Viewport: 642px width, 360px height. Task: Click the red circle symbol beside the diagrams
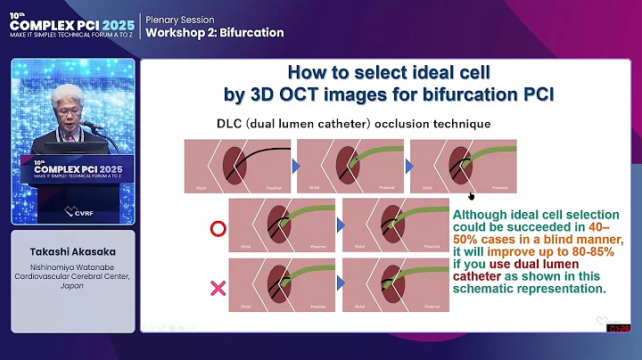pyautogui.click(x=215, y=229)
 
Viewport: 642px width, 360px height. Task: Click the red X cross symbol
pyautogui.click(x=215, y=288)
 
